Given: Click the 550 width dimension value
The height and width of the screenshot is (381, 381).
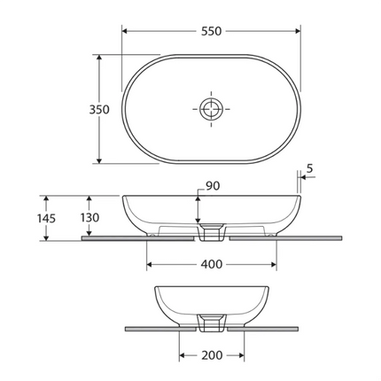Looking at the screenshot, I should coord(211,30).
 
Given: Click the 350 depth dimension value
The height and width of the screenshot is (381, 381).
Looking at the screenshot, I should coord(99,110).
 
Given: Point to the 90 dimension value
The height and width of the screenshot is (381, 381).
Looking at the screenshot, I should coord(213,185).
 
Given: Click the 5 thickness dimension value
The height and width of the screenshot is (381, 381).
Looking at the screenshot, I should coord(310,167).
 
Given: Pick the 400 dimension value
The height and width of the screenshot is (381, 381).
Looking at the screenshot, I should coord(211,264).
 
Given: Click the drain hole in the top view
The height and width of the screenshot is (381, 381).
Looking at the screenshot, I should coord(211,110).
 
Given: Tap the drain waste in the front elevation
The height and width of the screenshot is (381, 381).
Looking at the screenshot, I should coord(211,232).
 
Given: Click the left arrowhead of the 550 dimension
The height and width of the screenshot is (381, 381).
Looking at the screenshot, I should coord(125,30).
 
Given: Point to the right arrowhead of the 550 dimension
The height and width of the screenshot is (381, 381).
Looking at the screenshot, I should coord(298,30).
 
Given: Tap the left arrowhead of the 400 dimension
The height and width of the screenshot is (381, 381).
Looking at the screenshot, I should coord(149,264).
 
